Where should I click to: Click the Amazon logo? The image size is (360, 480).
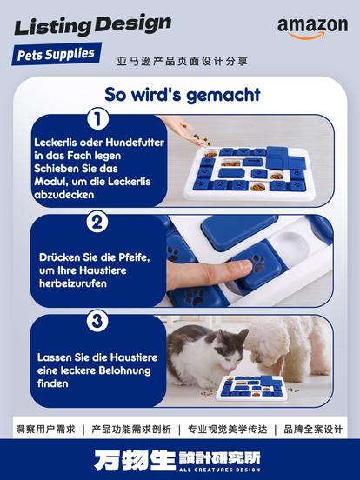pyautogui.click(x=312, y=28)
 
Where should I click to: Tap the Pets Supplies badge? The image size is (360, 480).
pyautogui.click(x=57, y=54)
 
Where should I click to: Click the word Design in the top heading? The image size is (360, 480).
pyautogui.click(x=132, y=24)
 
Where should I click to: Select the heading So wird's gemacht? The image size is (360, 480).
pyautogui.click(x=183, y=94)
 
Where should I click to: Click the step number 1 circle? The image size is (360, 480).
pyautogui.click(x=97, y=119)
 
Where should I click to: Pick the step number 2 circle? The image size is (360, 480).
pyautogui.click(x=97, y=222)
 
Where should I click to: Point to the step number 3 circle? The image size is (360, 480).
pyautogui.click(x=97, y=321)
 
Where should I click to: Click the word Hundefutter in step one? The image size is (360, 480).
pyautogui.click(x=135, y=143)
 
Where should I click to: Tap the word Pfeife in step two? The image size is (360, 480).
pyautogui.click(x=132, y=257)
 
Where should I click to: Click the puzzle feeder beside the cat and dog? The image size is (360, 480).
pyautogui.click(x=251, y=388)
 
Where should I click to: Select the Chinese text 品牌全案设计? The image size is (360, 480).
pyautogui.click(x=313, y=430)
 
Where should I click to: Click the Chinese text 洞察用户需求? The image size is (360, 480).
pyautogui.click(x=45, y=430)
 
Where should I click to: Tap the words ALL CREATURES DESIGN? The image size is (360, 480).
pyautogui.click(x=219, y=470)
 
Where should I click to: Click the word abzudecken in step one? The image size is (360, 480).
pyautogui.click(x=64, y=195)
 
